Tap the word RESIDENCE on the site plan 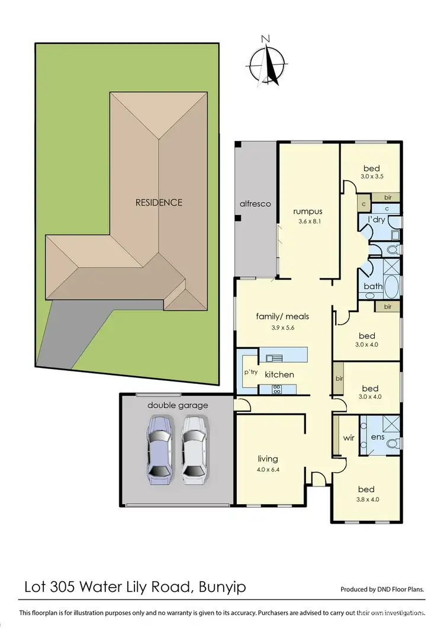click(159, 202)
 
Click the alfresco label click(255, 204)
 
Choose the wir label click(349, 439)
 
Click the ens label click(378, 438)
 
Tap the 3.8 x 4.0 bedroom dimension click(366, 500)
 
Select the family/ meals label click(282, 316)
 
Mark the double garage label click(178, 405)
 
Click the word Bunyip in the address click(222, 588)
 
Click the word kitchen click(279, 374)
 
